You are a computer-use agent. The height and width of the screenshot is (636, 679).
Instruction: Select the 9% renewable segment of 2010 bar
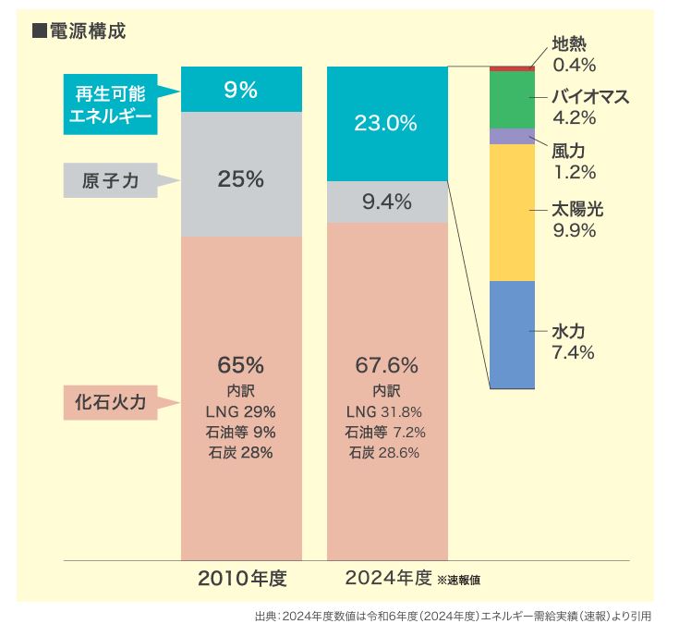point(241,90)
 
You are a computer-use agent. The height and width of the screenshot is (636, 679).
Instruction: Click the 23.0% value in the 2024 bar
point(387,123)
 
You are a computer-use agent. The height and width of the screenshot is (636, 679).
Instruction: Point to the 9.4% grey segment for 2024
point(387,202)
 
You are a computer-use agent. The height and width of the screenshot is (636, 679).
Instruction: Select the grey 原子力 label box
point(110,180)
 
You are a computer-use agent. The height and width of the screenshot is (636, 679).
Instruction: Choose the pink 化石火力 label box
point(110,402)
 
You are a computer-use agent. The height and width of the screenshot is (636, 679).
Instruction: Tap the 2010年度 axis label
point(242,580)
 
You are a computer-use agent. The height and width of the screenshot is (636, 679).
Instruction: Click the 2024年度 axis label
point(388,579)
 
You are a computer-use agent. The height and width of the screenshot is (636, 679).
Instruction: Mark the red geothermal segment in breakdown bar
point(513,68)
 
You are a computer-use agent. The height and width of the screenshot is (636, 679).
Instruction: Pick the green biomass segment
point(513,100)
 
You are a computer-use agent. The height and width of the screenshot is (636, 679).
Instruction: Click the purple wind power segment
point(513,136)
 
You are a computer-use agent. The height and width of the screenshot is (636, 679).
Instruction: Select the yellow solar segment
point(513,212)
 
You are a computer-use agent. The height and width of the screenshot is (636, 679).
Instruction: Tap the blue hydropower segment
point(513,335)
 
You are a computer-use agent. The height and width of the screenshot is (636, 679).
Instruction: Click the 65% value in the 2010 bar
point(241,363)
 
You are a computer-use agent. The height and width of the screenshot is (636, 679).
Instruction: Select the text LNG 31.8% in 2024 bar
point(385,411)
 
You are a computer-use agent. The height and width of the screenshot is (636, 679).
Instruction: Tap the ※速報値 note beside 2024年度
point(458,581)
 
